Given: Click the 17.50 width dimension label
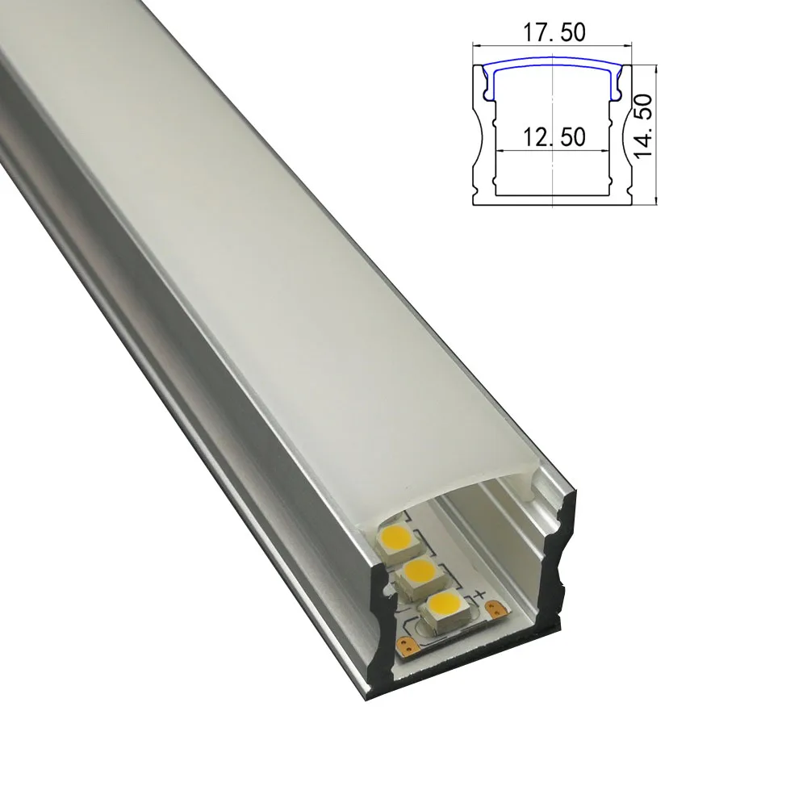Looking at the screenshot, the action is click(x=554, y=32).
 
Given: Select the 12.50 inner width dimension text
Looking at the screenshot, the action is click(x=554, y=137).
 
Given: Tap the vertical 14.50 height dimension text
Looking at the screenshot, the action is click(x=643, y=126).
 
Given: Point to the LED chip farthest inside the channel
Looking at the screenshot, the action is click(x=397, y=541).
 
